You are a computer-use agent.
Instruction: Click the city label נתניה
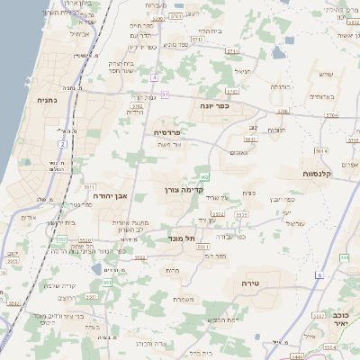(47, 103)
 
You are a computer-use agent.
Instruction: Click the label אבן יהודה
(106, 194)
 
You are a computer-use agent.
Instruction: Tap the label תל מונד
(181, 239)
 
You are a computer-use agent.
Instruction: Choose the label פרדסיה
(167, 131)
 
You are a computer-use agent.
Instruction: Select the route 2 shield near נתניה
(63, 144)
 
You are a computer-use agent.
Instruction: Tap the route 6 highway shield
(319, 274)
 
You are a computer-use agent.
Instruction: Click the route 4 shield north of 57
(155, 77)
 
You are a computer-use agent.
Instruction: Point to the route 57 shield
(165, 93)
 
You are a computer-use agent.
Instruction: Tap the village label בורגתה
(282, 87)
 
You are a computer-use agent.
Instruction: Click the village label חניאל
(241, 70)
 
